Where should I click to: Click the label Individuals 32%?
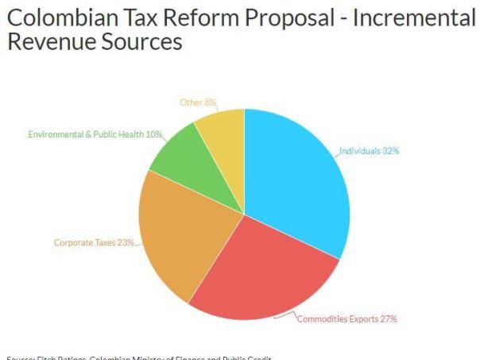(x=369, y=151)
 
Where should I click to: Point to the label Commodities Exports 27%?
(x=346, y=319)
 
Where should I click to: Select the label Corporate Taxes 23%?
(x=94, y=242)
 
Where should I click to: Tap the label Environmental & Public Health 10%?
(x=95, y=134)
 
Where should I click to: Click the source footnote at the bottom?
(x=135, y=356)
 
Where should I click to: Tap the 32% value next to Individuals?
(x=390, y=151)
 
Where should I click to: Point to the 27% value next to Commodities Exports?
(x=388, y=319)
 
